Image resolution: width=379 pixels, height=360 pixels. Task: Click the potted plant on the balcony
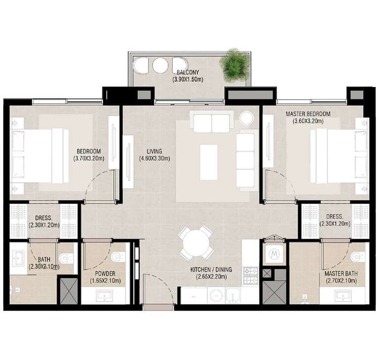click(x=234, y=65)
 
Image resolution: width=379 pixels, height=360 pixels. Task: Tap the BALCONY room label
click(x=188, y=72)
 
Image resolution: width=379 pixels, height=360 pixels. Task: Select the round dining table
click(x=196, y=243)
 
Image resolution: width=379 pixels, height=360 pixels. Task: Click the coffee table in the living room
click(x=209, y=162)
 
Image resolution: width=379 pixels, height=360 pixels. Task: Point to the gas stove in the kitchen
click(x=251, y=275)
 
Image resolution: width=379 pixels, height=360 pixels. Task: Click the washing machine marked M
click(x=274, y=254)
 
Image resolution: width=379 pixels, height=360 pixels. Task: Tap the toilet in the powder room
click(x=118, y=257)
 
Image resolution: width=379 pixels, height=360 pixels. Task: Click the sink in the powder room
click(x=104, y=296)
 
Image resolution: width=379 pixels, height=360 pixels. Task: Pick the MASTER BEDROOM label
click(x=308, y=114)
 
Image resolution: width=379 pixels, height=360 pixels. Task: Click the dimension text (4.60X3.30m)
click(x=154, y=159)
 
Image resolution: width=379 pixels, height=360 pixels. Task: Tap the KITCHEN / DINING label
click(x=211, y=269)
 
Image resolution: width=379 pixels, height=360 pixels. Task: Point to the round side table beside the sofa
click(x=246, y=118)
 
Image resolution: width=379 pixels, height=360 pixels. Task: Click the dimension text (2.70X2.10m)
click(x=341, y=281)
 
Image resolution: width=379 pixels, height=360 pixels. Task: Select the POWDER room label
click(x=105, y=274)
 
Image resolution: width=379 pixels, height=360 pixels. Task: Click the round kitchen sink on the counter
click(x=216, y=296)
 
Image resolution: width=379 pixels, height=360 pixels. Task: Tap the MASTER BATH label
click(x=341, y=274)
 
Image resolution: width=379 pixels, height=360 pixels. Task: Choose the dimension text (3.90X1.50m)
click(x=188, y=79)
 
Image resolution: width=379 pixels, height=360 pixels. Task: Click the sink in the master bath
click(x=343, y=296)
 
